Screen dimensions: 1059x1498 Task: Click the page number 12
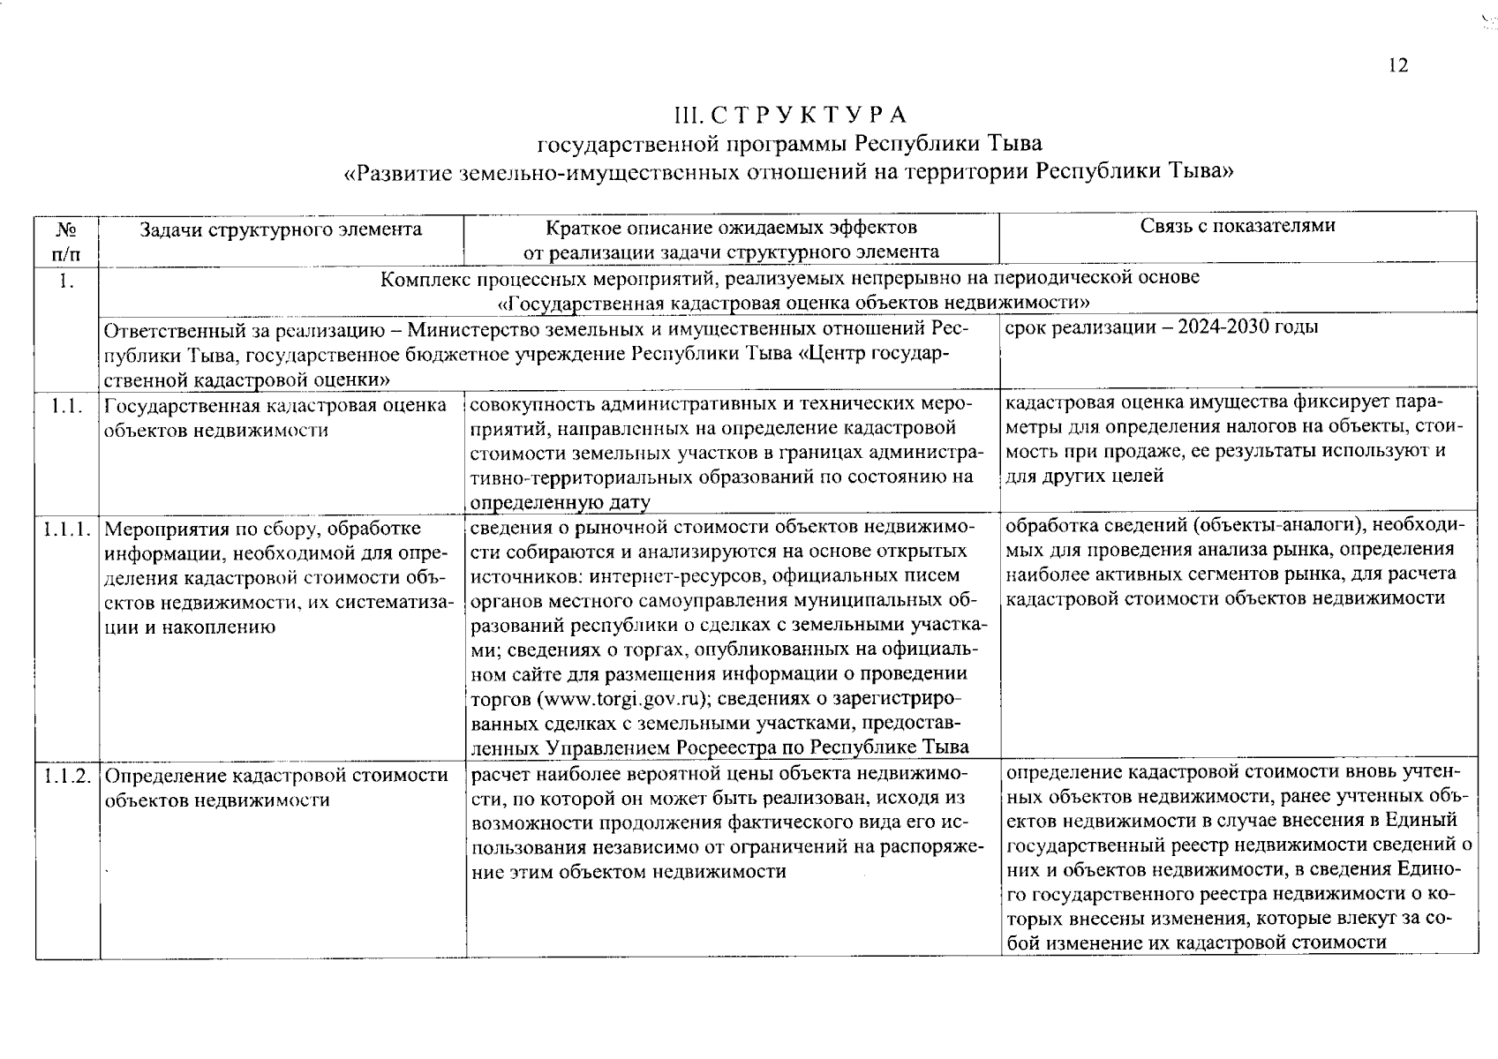1397,66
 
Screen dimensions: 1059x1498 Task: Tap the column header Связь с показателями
1237,226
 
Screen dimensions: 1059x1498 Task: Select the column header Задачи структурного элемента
281,230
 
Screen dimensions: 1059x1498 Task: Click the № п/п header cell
66,241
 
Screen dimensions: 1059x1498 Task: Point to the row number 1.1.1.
66,529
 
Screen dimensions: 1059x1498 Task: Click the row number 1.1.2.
66,777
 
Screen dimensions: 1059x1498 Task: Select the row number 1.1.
66,407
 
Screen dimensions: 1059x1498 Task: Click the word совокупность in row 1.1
528,405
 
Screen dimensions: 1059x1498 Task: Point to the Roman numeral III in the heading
685,116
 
